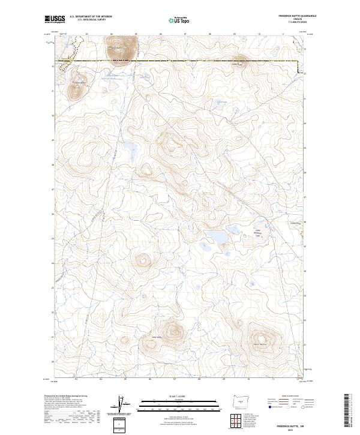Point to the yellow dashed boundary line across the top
tap(180, 62)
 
